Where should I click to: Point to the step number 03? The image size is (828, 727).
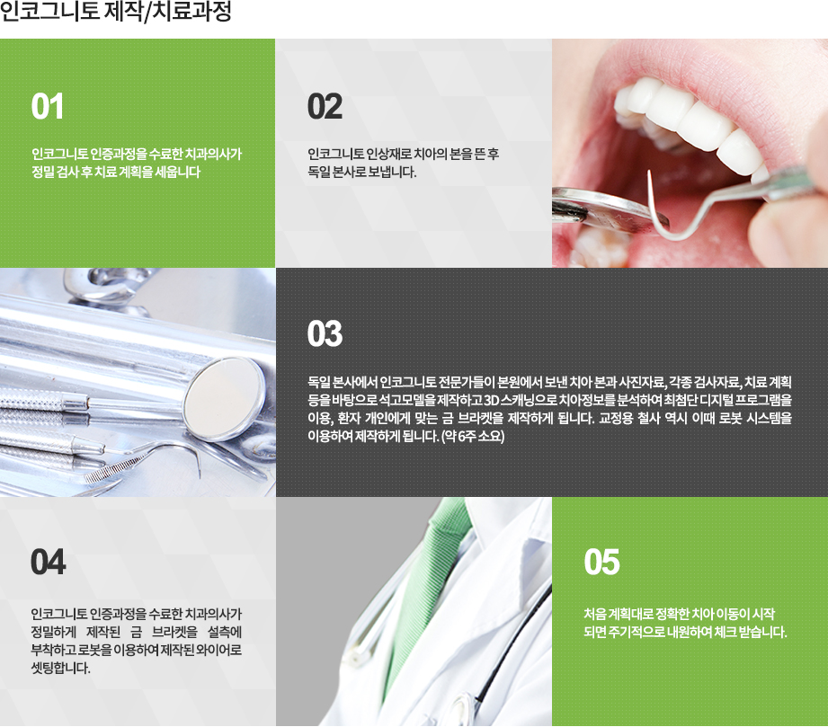pos(325,335)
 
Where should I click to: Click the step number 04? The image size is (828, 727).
pos(48,563)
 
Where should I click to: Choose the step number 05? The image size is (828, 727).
pos(601,563)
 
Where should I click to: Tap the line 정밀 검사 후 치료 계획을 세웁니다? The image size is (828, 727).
pos(115,172)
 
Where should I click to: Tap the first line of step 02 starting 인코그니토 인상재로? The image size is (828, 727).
pos(403,154)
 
